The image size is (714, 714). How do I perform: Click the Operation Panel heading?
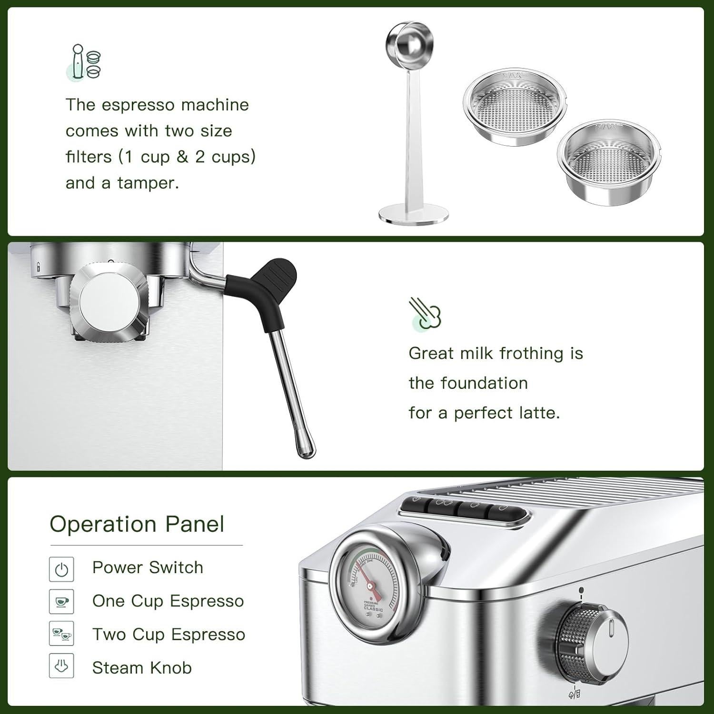[137, 524]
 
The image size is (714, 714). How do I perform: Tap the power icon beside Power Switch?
[61, 569]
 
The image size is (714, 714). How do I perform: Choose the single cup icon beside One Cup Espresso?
[61, 602]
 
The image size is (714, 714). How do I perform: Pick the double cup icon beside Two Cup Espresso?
[61, 635]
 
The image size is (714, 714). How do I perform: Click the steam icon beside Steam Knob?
[61, 667]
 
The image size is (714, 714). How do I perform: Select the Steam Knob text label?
[142, 668]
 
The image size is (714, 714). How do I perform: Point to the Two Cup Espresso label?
[169, 635]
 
